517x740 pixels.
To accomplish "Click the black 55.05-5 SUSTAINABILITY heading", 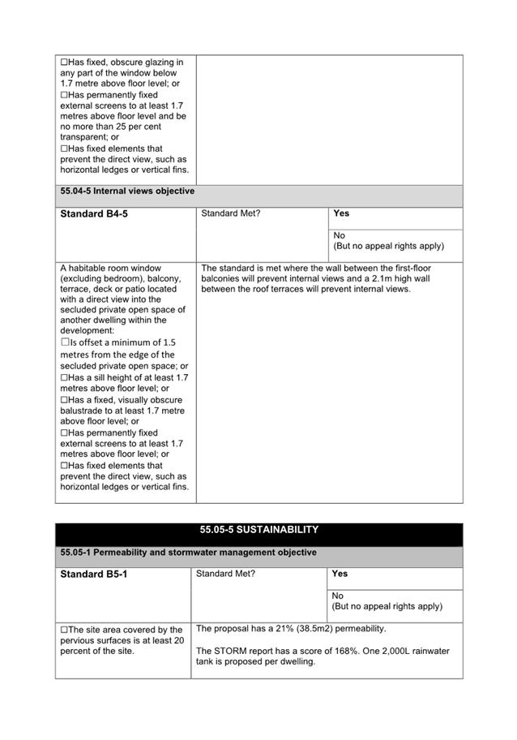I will point(258,530).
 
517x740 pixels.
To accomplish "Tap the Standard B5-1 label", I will point(94,574).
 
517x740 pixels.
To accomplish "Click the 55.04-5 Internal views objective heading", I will point(127,191).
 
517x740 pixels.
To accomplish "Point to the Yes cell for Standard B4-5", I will point(341,213).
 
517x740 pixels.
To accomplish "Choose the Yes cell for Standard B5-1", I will point(340,574).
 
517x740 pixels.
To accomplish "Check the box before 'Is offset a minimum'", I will point(65,342).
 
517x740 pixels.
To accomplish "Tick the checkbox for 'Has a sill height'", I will point(65,377).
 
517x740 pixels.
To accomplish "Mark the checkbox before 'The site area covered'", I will point(65,630).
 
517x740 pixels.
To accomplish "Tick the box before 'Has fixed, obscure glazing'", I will point(65,62).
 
